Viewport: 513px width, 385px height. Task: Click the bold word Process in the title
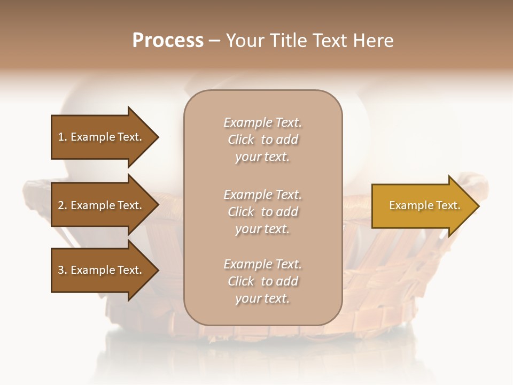[x=168, y=41]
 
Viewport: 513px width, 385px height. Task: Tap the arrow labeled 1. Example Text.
[x=100, y=137]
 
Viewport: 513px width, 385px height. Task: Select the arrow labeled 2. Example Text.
[x=100, y=205]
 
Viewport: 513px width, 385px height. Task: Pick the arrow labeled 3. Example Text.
[x=100, y=270]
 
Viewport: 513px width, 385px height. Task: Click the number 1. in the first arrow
[x=63, y=137]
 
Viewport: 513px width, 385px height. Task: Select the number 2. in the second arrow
[x=63, y=205]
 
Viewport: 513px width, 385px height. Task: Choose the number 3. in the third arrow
[x=63, y=270]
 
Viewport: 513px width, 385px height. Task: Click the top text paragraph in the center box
[x=262, y=140]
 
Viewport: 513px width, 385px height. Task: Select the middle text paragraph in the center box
[x=262, y=212]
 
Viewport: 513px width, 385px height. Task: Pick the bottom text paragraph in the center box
[x=262, y=281]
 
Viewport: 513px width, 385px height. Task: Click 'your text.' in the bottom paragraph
[x=262, y=298]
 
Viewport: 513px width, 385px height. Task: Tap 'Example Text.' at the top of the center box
[x=262, y=122]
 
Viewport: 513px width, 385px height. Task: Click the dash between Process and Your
[x=214, y=41]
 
